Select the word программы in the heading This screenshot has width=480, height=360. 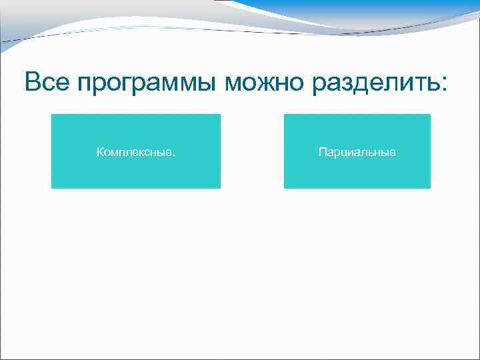point(147,84)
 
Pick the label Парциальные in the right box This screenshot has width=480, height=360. point(357,153)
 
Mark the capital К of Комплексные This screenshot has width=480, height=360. point(100,153)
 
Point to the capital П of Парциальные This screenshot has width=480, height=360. point(322,153)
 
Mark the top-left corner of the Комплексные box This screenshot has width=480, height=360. point(52,115)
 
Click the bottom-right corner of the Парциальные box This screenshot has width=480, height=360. point(430,188)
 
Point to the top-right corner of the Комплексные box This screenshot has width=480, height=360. point(220,115)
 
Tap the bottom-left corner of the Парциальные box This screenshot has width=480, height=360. point(285,188)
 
